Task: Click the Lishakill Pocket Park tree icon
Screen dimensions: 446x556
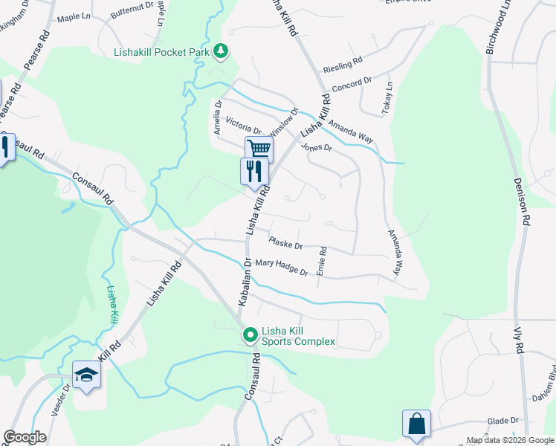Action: point(221,51)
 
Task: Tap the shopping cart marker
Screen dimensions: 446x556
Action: point(259,149)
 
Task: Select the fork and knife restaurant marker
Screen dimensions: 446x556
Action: point(253,171)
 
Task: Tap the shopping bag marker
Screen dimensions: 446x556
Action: point(417,424)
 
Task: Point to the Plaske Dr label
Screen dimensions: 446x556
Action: point(286,245)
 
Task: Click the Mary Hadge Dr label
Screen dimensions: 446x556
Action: point(281,267)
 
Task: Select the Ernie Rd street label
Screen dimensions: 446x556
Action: point(321,262)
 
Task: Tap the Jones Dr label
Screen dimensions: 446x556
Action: point(317,147)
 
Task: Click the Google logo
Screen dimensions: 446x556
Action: point(25,437)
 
